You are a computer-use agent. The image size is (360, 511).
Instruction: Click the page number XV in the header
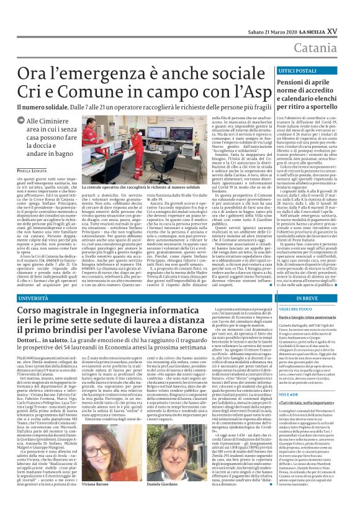tap(350, 7)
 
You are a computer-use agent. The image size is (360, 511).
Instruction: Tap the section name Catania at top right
tap(335, 28)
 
